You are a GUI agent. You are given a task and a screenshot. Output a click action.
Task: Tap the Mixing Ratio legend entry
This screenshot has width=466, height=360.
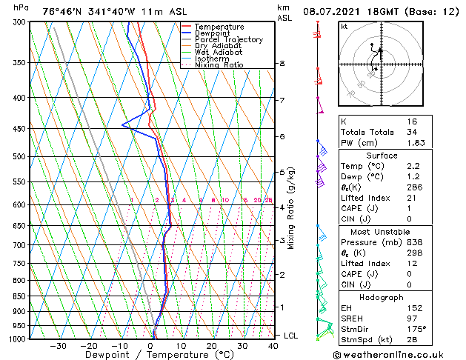click(219, 65)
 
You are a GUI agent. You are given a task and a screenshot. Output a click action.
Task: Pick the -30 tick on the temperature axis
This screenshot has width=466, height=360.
click(58, 346)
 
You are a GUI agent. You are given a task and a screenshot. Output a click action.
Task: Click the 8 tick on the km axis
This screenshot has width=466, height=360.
click(282, 64)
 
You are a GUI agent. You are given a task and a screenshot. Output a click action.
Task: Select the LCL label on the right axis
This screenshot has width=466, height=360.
click(291, 336)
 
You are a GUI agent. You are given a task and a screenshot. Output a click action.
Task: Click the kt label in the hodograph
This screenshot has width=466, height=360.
click(344, 27)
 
